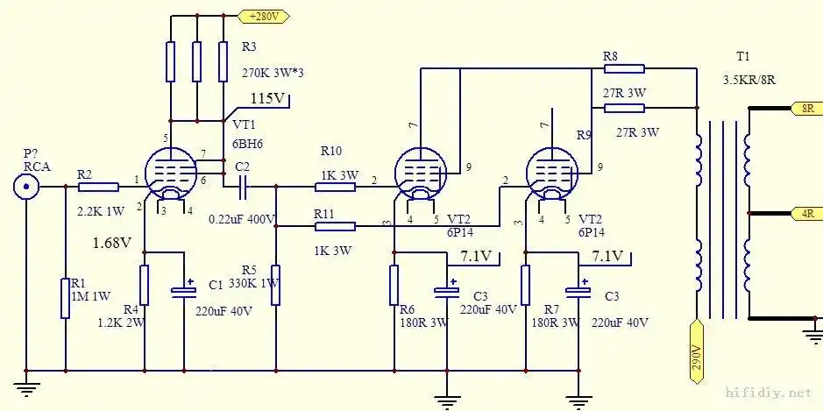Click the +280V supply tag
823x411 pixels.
click(264, 16)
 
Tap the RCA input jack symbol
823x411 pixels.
click(27, 186)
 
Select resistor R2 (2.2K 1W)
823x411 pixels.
click(97, 186)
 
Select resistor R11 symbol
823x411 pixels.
click(335, 226)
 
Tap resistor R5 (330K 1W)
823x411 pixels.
click(275, 286)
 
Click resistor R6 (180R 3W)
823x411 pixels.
click(394, 285)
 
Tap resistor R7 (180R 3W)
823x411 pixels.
click(526, 285)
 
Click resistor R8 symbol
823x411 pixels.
click(624, 68)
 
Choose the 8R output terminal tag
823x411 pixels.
click(805, 109)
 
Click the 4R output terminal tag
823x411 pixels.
click(805, 212)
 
